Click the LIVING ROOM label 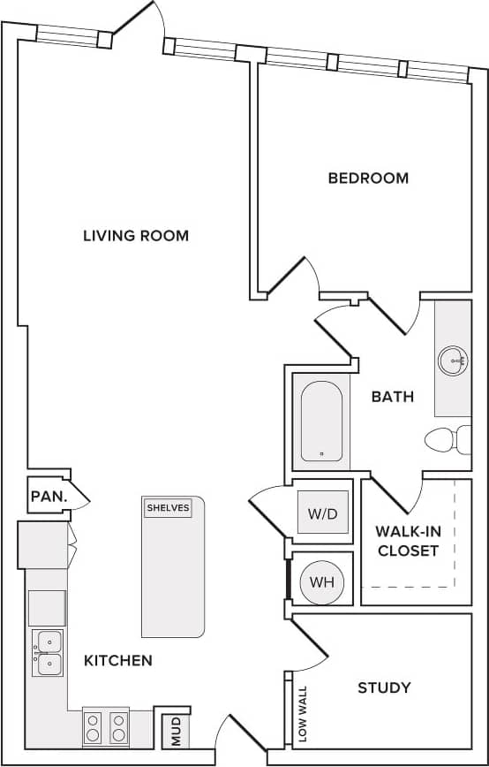(136, 236)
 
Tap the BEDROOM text (368, 178)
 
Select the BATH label (392, 397)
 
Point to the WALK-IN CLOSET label (407, 541)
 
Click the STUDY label (384, 687)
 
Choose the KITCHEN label (118, 660)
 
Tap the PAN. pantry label (49, 497)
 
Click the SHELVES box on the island (168, 508)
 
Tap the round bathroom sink (453, 359)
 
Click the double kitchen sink (48, 652)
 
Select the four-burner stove (106, 727)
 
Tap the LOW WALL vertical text (303, 714)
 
